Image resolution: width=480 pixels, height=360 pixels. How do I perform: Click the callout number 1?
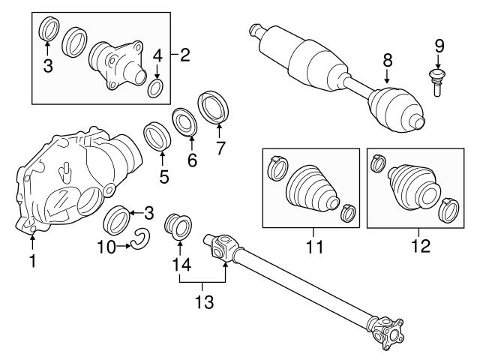click(32, 261)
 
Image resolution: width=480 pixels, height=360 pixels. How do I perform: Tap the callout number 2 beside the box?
click(185, 54)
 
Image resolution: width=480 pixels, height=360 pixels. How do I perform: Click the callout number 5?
click(163, 178)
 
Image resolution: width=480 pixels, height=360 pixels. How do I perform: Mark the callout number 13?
click(203, 302)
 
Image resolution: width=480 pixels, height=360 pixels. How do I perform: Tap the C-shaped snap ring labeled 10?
click(140, 239)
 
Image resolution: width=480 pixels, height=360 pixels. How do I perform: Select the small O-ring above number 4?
click(157, 90)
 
